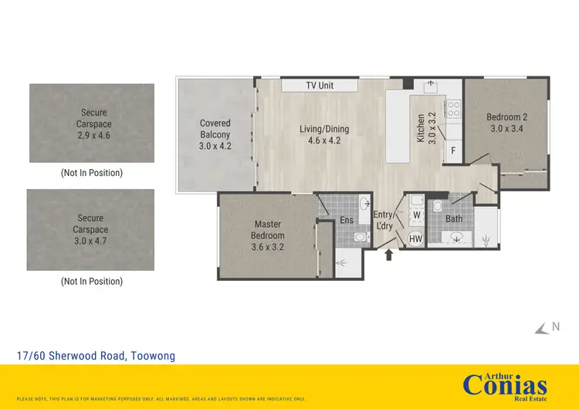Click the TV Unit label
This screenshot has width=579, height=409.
[320, 85]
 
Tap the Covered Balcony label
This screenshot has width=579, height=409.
[215, 134]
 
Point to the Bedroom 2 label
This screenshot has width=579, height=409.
[506, 123]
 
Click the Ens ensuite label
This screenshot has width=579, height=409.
[347, 220]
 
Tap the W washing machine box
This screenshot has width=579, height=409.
[416, 215]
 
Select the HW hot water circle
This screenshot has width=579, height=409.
[415, 239]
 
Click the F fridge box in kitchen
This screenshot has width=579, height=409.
[453, 150]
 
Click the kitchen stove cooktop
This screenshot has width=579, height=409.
[453, 110]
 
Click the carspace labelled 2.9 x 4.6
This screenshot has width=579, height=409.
[92, 123]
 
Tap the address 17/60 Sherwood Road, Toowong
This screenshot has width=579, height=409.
[96, 356]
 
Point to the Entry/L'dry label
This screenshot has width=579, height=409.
[384, 220]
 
